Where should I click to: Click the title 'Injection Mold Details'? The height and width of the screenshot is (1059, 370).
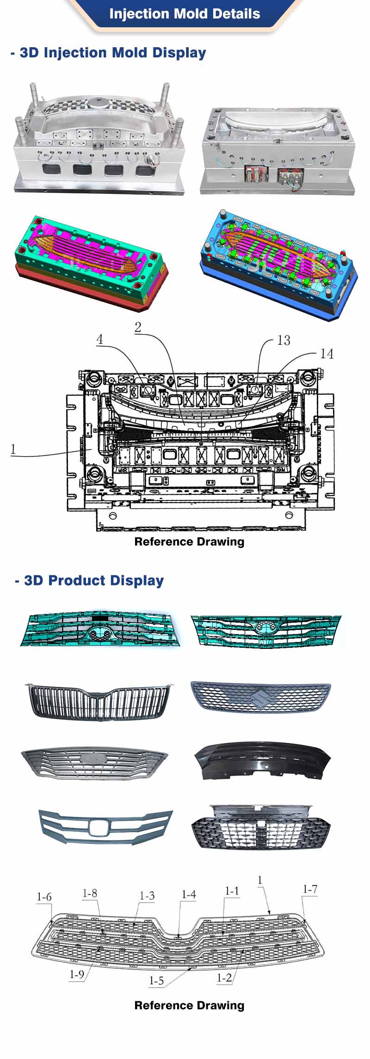pos(185,13)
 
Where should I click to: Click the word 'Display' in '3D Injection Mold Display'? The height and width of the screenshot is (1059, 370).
pos(179,53)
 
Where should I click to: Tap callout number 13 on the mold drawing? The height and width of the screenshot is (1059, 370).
pos(284,340)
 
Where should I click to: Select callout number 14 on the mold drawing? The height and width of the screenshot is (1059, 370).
pos(327,354)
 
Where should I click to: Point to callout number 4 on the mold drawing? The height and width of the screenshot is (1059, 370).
pos(99,339)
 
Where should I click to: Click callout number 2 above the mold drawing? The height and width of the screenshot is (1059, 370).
pos(138,327)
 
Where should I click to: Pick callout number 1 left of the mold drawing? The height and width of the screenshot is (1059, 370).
pos(13,449)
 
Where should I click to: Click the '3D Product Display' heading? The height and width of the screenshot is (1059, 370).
pos(89,580)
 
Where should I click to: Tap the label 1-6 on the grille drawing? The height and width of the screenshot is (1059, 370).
pos(44,897)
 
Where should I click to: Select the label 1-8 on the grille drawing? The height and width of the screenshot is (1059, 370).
pos(90,893)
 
